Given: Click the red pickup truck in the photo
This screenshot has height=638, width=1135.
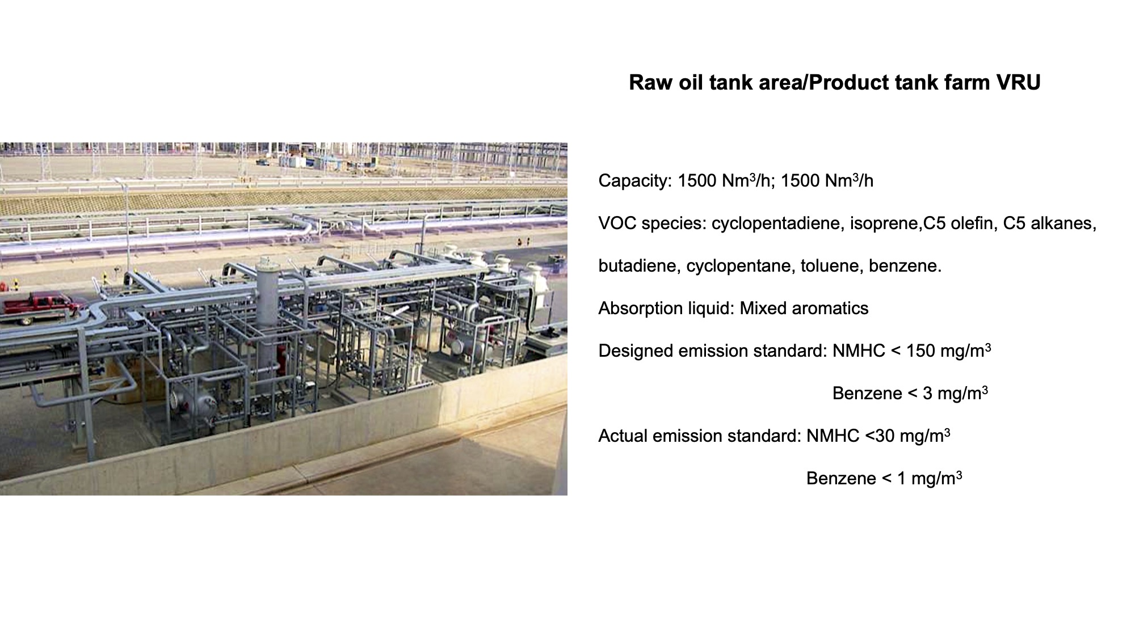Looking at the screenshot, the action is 41,307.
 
